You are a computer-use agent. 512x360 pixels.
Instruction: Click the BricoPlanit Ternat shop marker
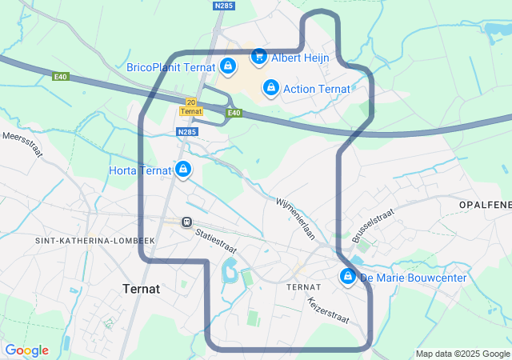coord(228,66)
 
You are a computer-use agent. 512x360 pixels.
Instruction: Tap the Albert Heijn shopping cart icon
coord(258,56)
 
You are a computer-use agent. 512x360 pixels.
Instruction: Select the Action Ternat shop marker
coord(271,87)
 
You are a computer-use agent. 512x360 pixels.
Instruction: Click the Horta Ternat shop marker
coord(184,170)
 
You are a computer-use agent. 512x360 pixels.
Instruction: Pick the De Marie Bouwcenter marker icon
coord(348,277)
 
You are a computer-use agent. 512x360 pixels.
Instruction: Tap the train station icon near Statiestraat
coord(186,222)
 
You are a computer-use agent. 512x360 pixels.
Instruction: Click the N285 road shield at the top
coord(223,6)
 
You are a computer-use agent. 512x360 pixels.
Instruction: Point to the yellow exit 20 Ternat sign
coord(190,106)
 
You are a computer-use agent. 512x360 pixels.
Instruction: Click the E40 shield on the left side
coord(61,77)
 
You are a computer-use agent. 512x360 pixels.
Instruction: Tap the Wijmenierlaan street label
coord(297,219)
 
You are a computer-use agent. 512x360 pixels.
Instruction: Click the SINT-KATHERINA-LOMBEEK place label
coord(94,240)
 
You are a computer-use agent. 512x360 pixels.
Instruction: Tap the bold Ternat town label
coord(141,288)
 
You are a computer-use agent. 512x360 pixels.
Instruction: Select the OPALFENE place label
coord(485,206)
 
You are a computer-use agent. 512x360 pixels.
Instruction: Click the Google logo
coord(26,350)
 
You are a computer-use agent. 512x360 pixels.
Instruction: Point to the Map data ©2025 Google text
coord(462,354)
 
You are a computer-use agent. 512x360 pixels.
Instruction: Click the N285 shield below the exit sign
coord(186,132)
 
